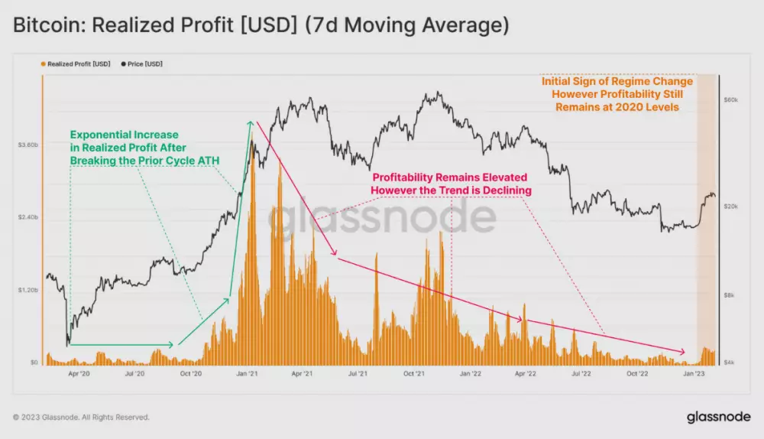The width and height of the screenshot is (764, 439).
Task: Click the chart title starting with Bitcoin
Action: coord(261,25)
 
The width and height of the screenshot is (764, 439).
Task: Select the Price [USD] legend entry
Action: coord(141,64)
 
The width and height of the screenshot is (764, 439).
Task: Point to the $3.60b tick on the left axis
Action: coord(28,144)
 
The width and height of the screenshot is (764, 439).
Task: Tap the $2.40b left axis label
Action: coord(28,217)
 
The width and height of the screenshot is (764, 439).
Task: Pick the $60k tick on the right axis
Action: coord(730,100)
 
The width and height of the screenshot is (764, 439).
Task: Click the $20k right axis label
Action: coord(730,206)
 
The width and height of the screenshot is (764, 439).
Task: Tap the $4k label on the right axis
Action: coord(730,362)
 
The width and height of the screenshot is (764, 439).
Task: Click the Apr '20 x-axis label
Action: coord(79,374)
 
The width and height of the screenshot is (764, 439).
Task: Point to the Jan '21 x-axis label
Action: coord(246,374)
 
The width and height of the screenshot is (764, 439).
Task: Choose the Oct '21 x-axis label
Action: coord(413,374)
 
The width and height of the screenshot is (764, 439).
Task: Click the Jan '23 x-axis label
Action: coord(692,374)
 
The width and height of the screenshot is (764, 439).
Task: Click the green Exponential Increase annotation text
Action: coord(128,147)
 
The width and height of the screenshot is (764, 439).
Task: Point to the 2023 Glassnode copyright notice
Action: coord(81,418)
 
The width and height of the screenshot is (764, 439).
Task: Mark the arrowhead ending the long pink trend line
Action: coord(683,353)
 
